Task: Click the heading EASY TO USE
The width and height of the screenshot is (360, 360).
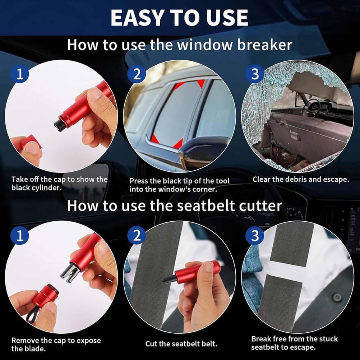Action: (179, 18)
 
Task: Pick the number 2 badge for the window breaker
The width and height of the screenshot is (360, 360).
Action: (137, 74)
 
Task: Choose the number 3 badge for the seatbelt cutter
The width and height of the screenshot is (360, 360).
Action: (254, 236)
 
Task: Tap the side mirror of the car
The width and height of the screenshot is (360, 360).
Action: (201, 151)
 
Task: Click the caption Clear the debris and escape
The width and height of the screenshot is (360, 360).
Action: (301, 179)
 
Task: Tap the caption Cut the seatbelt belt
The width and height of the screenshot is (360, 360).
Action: (181, 344)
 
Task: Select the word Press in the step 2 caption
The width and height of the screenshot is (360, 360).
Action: (139, 181)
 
